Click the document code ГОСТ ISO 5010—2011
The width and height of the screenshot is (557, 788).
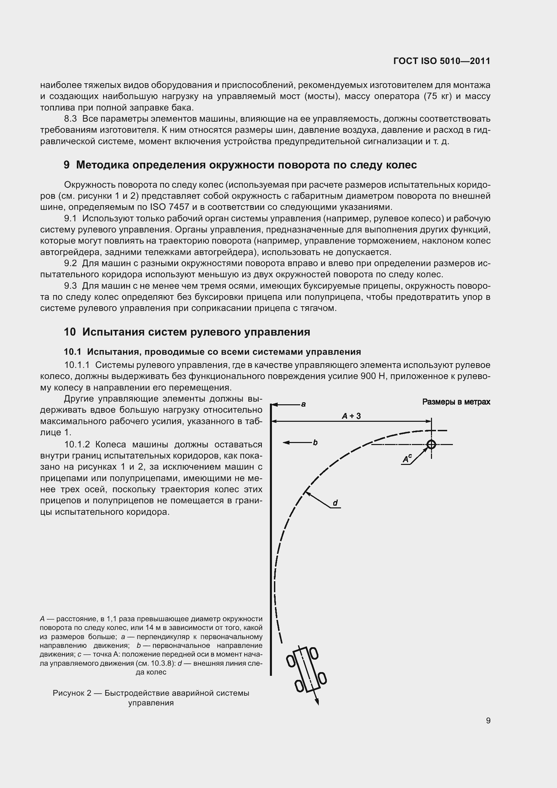441,61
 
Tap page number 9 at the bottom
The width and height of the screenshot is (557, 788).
488,720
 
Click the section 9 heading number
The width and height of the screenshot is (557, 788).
67,165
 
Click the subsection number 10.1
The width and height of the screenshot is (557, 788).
72,352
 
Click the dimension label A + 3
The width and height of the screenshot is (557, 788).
351,416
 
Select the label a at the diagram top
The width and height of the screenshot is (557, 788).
303,404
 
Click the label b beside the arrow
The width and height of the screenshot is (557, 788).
315,443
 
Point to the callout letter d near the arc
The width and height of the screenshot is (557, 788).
335,503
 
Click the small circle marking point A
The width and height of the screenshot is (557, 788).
431,444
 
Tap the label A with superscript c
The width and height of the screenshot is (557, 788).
407,459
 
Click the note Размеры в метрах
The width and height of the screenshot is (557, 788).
456,402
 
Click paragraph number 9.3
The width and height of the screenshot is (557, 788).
70,286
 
